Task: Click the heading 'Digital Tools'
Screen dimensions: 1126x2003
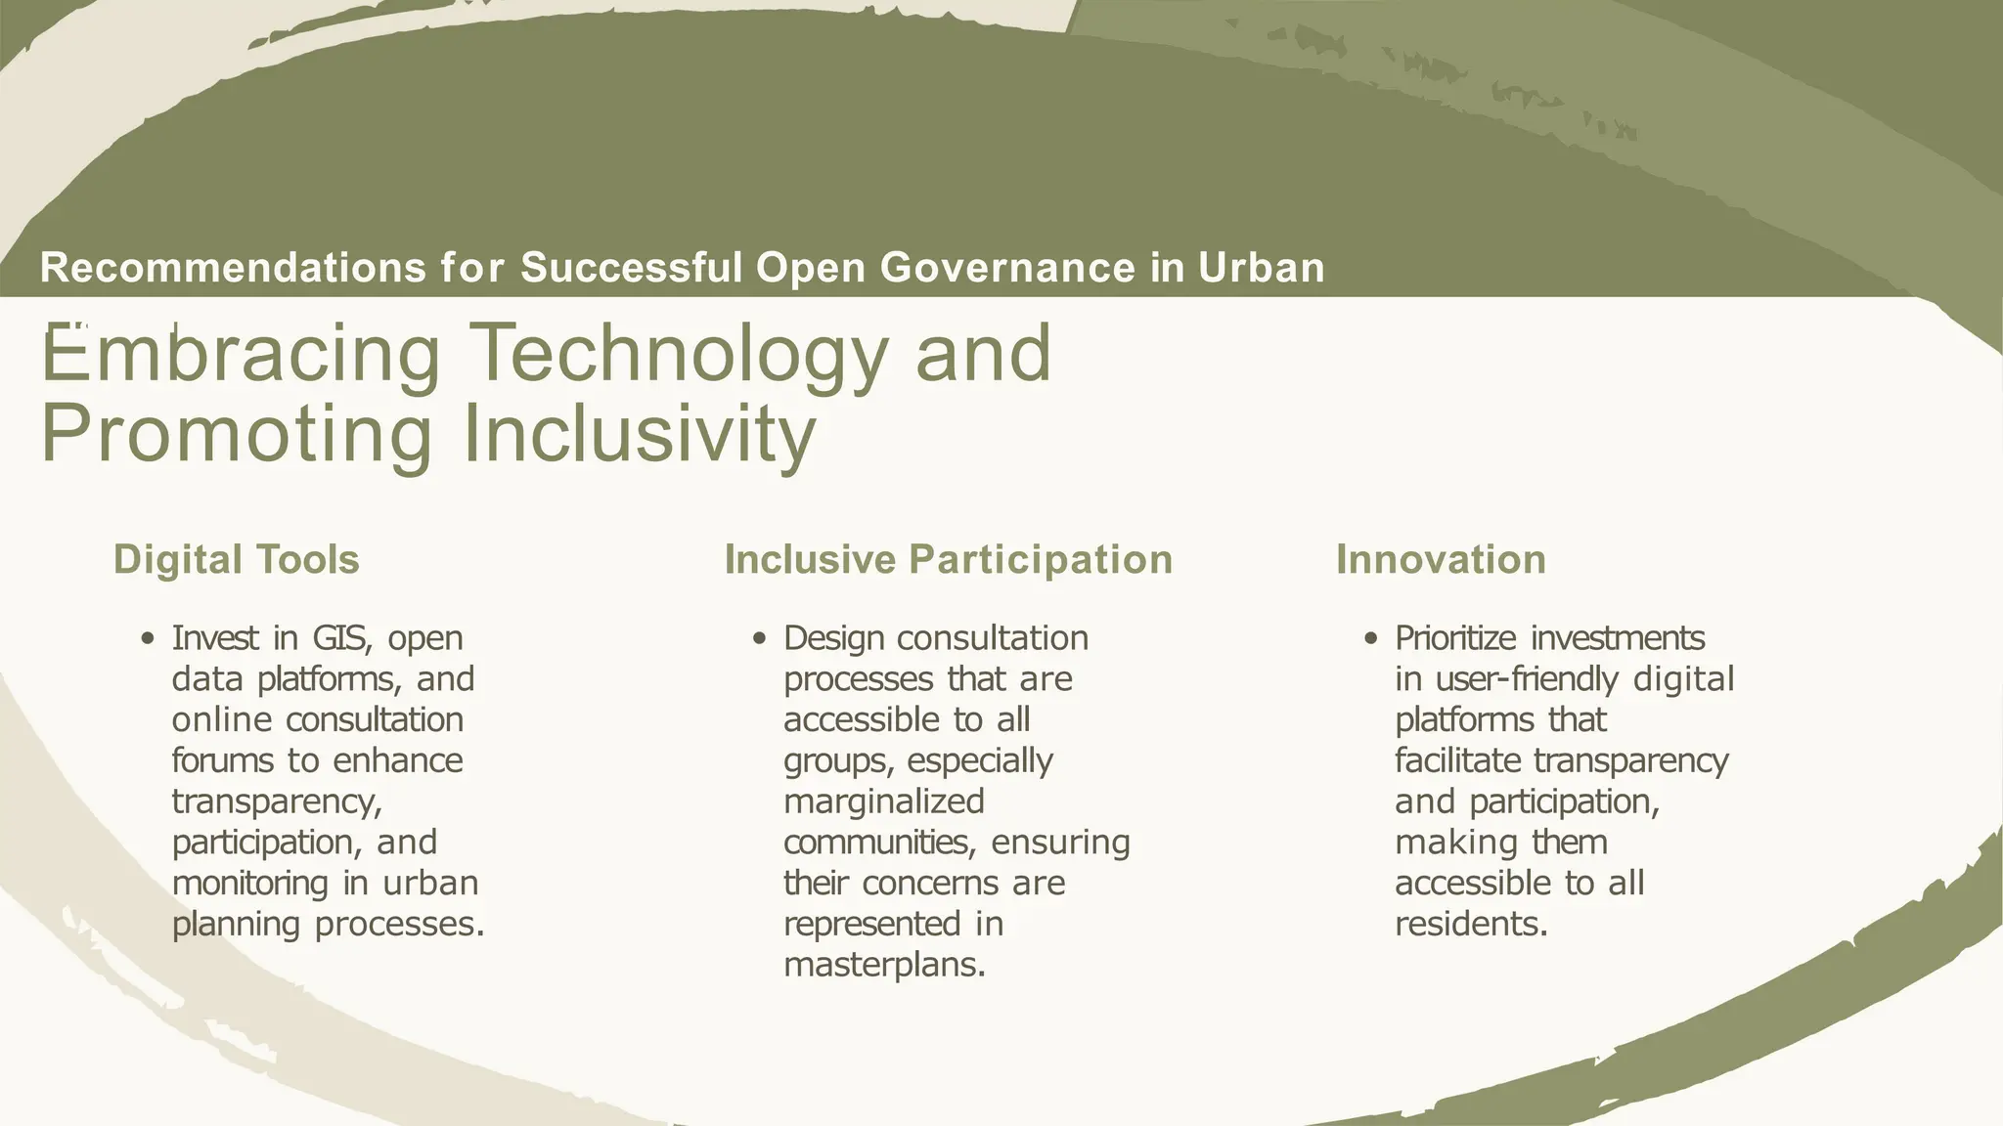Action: [236, 560]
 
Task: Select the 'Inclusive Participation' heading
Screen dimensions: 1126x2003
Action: [948, 560]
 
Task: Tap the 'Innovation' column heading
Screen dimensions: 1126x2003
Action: [1441, 560]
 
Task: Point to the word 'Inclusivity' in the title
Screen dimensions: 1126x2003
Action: [638, 434]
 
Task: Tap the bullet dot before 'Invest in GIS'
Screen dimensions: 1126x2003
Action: [148, 639]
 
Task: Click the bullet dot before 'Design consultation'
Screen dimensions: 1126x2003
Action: [759, 639]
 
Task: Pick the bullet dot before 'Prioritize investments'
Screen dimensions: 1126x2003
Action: [1371, 639]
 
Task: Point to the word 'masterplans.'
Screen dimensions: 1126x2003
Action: [884, 966]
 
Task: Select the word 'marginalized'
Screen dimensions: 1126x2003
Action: [884, 801]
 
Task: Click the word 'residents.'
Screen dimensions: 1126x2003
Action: [1471, 925]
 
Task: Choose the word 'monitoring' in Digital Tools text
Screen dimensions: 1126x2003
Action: [250, 884]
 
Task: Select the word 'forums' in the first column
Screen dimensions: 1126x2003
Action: [221, 760]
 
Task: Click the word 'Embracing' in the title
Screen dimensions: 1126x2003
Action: [241, 354]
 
